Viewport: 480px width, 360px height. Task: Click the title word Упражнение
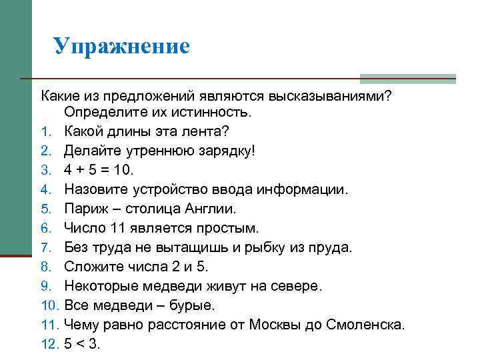pyautogui.click(x=122, y=46)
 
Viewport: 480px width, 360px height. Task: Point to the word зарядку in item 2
pyautogui.click(x=221, y=151)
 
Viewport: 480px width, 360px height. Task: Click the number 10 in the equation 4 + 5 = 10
pyautogui.click(x=140, y=170)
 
